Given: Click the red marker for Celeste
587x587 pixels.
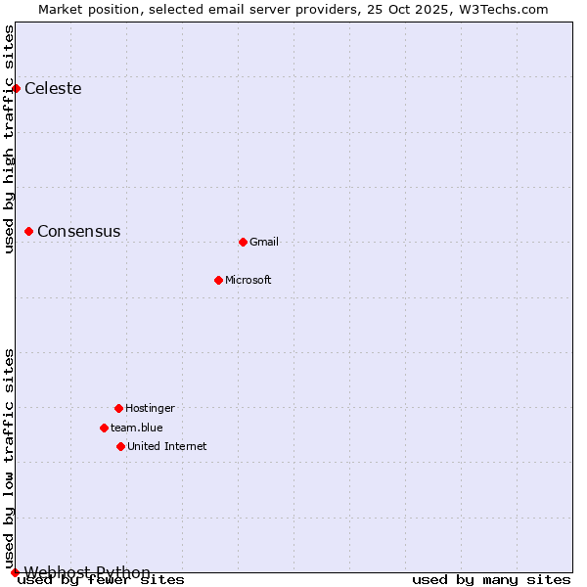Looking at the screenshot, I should click(x=16, y=89).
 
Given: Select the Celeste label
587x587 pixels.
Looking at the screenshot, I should click(x=53, y=89).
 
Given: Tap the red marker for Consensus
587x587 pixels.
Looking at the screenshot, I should click(x=29, y=232).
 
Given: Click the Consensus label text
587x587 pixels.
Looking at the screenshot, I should click(x=78, y=232).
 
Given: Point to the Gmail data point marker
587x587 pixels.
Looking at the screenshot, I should click(x=243, y=242).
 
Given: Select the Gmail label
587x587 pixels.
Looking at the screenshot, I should click(x=264, y=243).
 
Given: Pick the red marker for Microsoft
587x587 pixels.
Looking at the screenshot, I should click(x=218, y=280).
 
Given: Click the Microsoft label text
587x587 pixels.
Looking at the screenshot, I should click(x=248, y=281).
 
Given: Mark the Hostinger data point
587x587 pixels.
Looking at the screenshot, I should click(x=118, y=408).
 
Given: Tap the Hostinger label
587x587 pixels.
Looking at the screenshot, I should click(x=150, y=409).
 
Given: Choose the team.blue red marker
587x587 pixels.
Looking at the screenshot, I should click(x=104, y=428).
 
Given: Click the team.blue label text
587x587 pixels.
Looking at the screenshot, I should click(x=136, y=429).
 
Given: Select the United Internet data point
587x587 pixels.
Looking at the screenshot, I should click(x=120, y=446).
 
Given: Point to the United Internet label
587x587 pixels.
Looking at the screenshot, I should click(x=166, y=447).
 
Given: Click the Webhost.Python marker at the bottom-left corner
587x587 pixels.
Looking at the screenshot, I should click(x=15, y=572).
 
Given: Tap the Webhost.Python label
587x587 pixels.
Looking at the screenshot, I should click(x=87, y=572).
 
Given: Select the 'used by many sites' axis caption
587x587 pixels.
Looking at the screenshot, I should click(x=491, y=580).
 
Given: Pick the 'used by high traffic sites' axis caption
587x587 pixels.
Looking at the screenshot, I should click(x=10, y=139).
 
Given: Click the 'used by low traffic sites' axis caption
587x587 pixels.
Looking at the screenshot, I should click(x=10, y=458).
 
